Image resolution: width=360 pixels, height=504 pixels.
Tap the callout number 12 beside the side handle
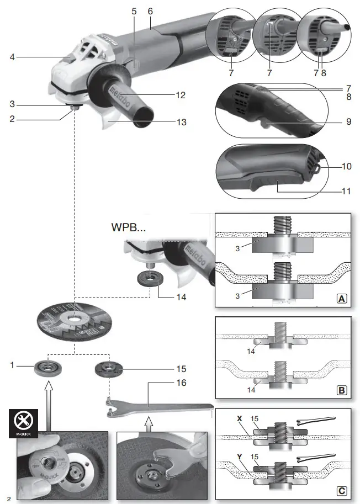180,94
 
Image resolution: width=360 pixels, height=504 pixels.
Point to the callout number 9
348,121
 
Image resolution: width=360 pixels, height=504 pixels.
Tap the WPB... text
130,227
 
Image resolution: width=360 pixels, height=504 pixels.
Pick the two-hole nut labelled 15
107,368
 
